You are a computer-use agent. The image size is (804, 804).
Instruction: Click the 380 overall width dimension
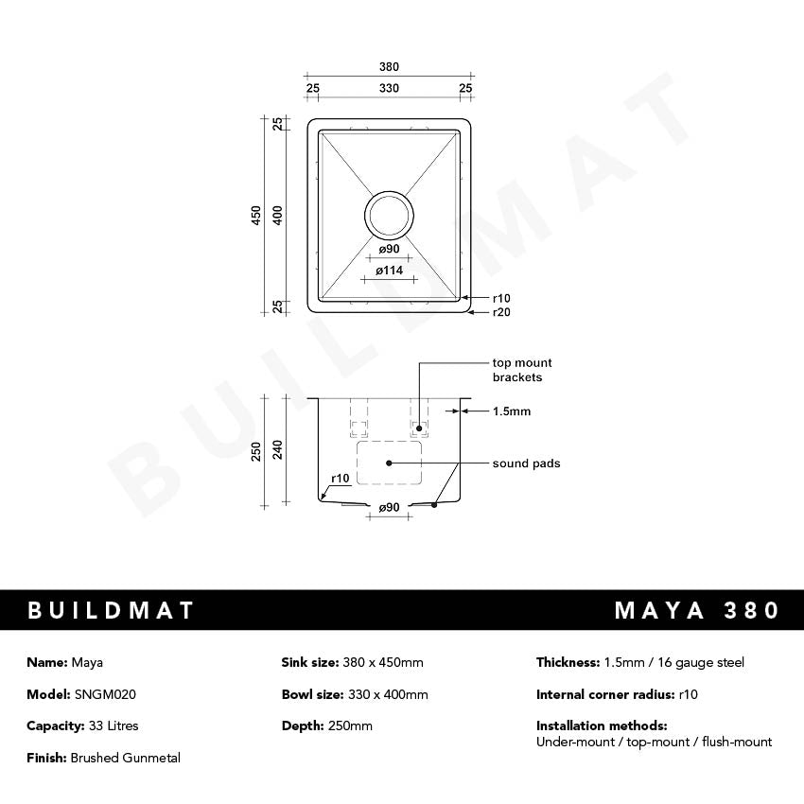click(389, 67)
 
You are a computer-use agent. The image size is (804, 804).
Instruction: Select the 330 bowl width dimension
click(389, 88)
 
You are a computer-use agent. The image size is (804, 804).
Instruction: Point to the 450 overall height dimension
click(255, 216)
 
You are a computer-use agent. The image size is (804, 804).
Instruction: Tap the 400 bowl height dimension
click(277, 216)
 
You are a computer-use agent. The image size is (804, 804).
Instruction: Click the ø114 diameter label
click(389, 271)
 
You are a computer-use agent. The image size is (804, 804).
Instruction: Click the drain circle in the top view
click(389, 215)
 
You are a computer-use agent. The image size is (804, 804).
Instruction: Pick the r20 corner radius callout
click(501, 312)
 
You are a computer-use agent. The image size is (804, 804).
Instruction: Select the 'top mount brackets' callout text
click(522, 370)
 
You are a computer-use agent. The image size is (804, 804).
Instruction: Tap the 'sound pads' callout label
click(526, 463)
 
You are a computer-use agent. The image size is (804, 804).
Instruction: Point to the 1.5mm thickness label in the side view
click(512, 411)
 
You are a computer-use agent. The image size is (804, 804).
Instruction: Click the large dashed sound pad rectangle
click(389, 463)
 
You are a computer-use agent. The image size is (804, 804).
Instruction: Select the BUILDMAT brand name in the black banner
click(111, 610)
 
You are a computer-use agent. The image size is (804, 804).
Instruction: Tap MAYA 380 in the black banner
click(697, 610)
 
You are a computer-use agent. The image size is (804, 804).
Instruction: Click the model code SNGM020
click(105, 694)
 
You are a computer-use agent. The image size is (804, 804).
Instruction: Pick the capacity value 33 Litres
click(106, 725)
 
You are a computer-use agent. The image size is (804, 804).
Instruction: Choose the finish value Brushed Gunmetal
click(125, 758)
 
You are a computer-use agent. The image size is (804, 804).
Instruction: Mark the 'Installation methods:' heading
click(602, 725)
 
